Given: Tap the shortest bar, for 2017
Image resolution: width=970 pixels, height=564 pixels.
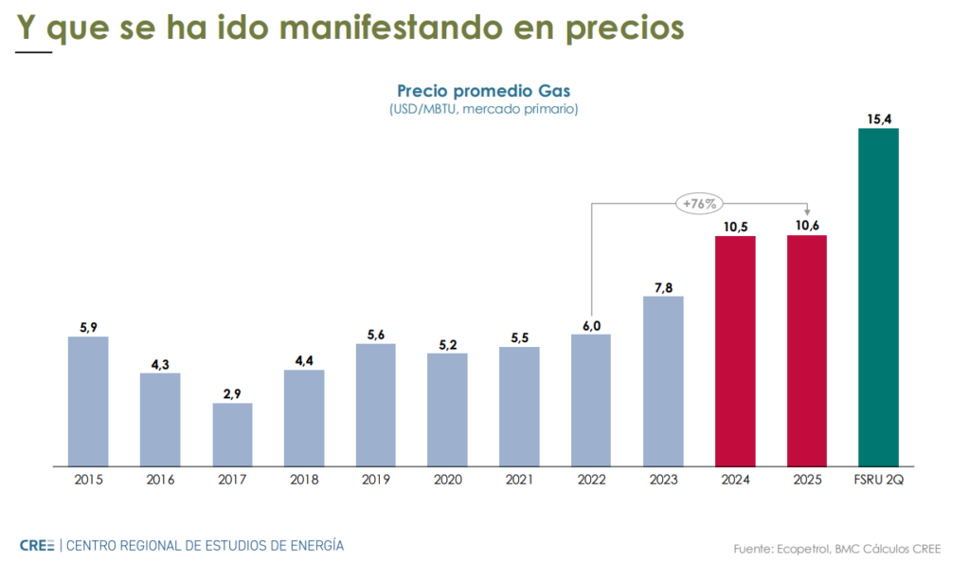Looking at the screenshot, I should [232, 435].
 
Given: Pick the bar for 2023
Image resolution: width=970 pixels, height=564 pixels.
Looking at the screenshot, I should [663, 381].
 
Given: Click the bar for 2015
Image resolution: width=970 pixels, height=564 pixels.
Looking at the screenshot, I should [88, 402].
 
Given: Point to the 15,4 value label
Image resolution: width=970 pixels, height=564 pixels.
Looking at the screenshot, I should [878, 118].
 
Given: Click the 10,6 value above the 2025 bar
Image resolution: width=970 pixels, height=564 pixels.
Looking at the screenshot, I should [807, 226].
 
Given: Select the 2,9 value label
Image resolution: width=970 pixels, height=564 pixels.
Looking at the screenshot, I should [232, 393].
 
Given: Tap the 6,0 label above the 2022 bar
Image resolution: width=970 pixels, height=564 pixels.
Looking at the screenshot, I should [591, 324].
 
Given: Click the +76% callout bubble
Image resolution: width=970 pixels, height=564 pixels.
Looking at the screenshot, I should [700, 203].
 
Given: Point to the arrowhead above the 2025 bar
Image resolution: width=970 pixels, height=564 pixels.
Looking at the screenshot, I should [807, 211].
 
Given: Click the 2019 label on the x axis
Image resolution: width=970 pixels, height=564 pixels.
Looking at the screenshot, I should [376, 481].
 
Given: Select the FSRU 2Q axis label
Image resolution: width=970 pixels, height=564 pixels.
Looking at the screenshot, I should [878, 481].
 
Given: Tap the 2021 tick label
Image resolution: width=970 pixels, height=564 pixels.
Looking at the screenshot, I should [519, 481].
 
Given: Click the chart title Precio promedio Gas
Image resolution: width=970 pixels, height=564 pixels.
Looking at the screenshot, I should [483, 91].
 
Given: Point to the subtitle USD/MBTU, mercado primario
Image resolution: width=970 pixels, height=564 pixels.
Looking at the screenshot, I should [483, 109].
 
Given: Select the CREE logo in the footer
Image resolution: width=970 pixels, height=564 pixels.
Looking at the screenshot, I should [37, 545].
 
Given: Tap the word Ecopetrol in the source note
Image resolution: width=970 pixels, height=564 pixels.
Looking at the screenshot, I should [804, 549].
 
